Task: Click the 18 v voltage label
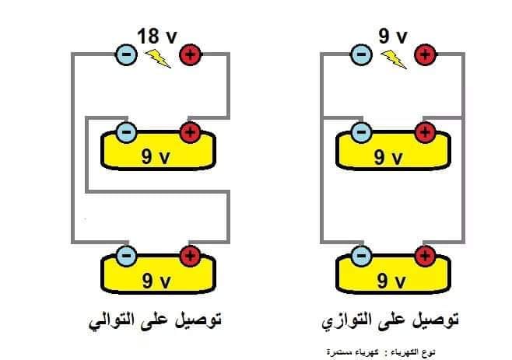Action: (x=157, y=36)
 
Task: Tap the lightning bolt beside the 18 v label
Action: (x=158, y=58)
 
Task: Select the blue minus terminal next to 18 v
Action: (x=126, y=54)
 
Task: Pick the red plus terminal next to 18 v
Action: (x=191, y=54)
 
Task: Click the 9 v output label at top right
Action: (x=393, y=36)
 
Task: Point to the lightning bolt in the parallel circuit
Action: (x=394, y=59)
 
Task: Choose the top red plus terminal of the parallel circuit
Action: (x=425, y=54)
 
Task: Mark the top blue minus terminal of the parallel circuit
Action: (x=361, y=54)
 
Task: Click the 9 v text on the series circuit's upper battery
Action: (x=156, y=157)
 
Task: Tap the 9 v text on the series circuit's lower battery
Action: (x=156, y=281)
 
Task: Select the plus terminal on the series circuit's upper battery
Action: (x=190, y=132)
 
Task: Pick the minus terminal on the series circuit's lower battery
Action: (x=126, y=256)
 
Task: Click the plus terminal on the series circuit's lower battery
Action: (x=190, y=256)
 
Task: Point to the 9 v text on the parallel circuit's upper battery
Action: (x=388, y=157)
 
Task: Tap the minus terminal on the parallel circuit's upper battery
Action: (x=361, y=132)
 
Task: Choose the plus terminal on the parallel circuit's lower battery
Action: (x=425, y=256)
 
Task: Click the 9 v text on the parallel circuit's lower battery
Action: (x=391, y=281)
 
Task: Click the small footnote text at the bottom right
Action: (x=380, y=352)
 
